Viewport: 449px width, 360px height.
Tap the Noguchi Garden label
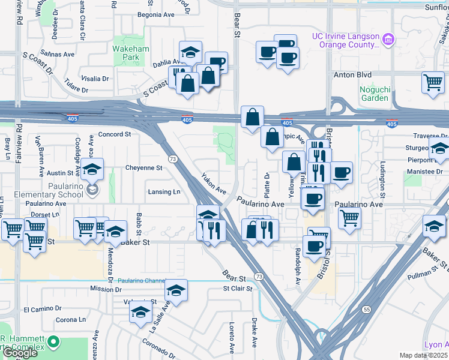375,94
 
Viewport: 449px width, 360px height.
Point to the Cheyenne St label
145,167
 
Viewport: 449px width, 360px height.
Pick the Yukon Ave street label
213,183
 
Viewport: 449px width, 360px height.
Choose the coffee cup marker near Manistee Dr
342,173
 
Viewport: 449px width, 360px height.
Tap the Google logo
20,353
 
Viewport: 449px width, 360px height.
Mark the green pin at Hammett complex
54,342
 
